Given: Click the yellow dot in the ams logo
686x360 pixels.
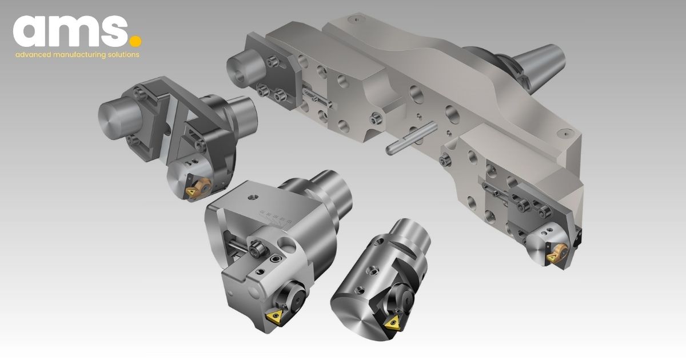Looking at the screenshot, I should coord(135,41).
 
